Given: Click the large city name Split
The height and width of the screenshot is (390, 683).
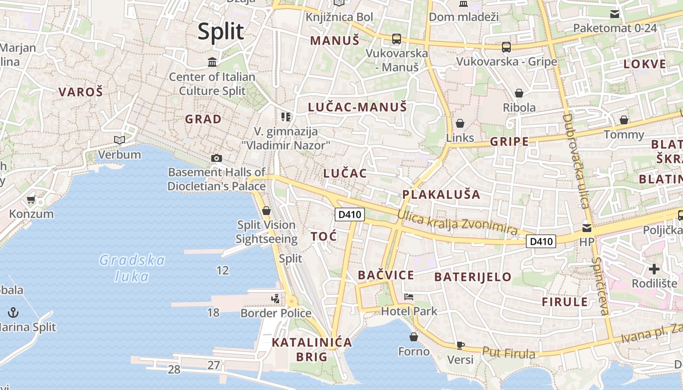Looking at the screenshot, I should [x=221, y=32].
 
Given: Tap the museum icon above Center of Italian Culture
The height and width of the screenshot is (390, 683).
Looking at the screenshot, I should [x=212, y=62].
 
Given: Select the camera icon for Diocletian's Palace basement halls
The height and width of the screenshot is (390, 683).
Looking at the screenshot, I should [x=217, y=158].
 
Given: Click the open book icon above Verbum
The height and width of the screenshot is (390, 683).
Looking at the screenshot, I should [x=120, y=140].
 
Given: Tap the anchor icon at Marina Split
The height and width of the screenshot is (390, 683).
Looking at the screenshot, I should [x=13, y=312].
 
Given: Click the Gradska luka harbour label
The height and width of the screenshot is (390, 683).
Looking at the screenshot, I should [x=132, y=268].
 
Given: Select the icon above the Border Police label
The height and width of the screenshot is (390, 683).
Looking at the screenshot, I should [x=276, y=298].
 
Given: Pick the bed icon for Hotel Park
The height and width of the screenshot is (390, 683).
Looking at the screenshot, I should [x=409, y=296].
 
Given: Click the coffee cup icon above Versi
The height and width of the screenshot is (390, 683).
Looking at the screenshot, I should [x=460, y=345].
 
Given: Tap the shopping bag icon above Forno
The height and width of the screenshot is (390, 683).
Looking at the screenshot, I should [x=414, y=337].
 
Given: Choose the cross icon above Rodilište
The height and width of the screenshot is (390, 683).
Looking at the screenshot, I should [x=654, y=269].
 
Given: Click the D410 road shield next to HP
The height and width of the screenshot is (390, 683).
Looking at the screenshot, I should [x=542, y=241].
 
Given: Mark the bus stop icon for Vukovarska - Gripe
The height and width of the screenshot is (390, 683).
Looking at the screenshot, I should [x=506, y=47].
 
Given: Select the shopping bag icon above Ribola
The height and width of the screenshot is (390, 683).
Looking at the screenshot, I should [x=519, y=93].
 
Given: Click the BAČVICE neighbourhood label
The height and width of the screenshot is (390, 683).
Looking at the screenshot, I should [x=386, y=275].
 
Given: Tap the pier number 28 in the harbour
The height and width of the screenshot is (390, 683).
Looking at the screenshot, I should [x=174, y=370].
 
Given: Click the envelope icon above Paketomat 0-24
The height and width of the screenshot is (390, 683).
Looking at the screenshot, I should [x=615, y=14].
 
